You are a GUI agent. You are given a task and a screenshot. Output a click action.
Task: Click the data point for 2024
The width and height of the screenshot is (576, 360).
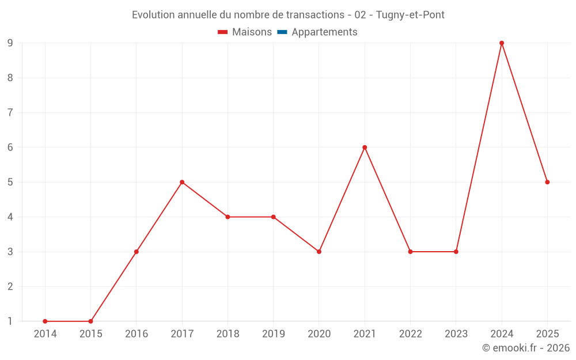[x=502, y=43]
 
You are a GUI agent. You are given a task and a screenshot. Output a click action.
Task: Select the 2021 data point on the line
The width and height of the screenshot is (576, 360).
[x=365, y=147]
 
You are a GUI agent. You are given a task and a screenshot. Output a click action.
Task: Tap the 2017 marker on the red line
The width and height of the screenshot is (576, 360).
[x=182, y=182]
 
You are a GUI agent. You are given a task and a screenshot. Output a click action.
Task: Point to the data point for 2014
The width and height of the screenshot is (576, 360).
[x=45, y=321]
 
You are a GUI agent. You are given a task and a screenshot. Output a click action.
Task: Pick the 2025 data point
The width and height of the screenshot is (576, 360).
[x=547, y=182]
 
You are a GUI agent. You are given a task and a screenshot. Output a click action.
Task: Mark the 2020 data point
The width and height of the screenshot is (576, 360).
[x=319, y=252]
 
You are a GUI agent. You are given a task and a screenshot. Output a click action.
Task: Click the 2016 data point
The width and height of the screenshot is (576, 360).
[x=137, y=252]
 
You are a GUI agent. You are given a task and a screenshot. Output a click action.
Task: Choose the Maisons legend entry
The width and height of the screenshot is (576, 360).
[x=245, y=32]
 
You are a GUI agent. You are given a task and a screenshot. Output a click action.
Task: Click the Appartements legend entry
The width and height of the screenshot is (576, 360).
[x=317, y=32]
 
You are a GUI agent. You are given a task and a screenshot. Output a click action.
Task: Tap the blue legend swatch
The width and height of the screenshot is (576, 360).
[x=282, y=32]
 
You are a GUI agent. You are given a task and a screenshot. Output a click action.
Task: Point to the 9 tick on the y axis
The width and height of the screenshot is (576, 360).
[x=10, y=43]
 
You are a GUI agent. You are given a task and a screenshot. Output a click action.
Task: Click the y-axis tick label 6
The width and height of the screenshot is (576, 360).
[x=10, y=147]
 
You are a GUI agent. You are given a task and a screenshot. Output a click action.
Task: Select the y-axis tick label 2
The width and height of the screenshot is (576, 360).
[x=10, y=286]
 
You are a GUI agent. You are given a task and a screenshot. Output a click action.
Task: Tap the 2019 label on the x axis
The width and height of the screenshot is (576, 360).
[x=273, y=334]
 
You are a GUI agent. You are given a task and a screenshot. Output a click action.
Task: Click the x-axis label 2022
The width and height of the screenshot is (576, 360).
[x=410, y=334]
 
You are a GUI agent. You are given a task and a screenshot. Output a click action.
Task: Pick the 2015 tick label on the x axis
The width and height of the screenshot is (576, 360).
[x=91, y=334]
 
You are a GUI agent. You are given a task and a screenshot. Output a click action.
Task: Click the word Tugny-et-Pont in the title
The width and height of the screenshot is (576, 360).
[x=410, y=15]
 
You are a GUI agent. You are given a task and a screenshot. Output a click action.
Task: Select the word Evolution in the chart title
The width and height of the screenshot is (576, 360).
[x=153, y=15]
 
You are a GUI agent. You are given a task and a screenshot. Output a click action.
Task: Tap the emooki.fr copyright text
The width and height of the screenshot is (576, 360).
[x=526, y=347]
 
